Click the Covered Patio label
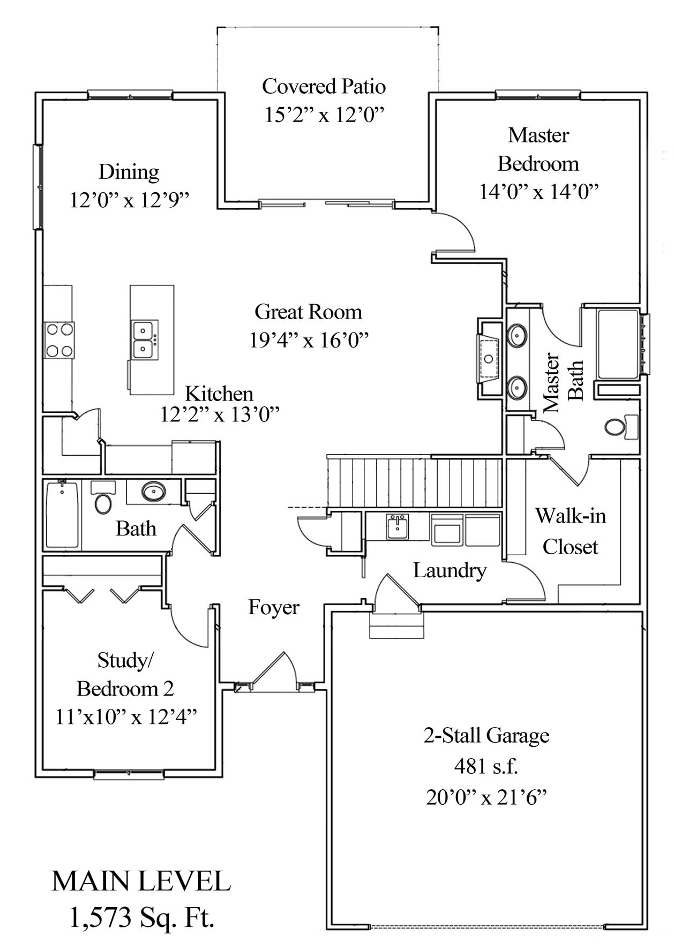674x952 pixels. pos(324,86)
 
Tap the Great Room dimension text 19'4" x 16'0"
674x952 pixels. pos(309,339)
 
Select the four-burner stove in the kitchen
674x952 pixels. pos(59,341)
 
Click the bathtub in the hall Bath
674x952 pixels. pos(62,515)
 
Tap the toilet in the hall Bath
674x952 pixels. pos(103,502)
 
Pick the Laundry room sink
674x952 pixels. pos(397,526)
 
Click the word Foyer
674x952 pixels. pos(273,607)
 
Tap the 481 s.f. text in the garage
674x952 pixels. pos(486,767)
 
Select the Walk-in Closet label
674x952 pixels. pos(571,531)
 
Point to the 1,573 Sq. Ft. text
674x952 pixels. pos(142,918)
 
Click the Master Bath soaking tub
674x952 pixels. pos(618,344)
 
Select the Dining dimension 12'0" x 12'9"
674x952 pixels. pos(130,200)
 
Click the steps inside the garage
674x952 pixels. pos(396,625)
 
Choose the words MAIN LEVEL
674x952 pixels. pos(141,881)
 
